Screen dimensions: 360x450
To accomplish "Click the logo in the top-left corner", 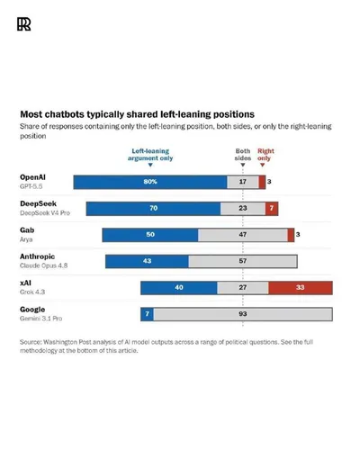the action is point(24,24).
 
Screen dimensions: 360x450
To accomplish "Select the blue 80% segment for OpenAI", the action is point(150,182).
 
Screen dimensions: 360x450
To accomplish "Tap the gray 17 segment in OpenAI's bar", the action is point(243,182).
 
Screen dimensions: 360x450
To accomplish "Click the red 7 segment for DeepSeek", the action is point(272,209).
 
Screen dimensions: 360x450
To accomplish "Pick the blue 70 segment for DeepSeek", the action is point(153,209).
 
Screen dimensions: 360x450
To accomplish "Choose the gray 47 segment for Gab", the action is point(243,235).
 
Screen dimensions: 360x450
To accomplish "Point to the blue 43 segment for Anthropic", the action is point(147,261).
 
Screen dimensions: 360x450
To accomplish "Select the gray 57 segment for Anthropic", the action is point(243,261).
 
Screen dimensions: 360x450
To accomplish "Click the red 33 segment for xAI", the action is point(301,288).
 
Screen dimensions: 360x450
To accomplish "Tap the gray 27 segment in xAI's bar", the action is point(243,288).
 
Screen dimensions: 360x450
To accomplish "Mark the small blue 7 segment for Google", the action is point(147,314).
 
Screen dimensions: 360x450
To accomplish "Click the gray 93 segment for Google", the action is point(243,314).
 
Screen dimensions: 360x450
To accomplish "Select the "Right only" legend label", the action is point(265,155).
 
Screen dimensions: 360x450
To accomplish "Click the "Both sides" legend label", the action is point(243,155).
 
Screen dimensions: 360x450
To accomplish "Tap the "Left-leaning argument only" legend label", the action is point(150,155).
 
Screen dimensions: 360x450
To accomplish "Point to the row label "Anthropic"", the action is point(38,256).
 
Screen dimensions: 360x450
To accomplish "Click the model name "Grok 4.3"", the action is point(32,292).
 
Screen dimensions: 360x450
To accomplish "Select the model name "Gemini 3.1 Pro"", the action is point(41,319).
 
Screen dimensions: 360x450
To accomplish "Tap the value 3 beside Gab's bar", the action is point(298,234).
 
